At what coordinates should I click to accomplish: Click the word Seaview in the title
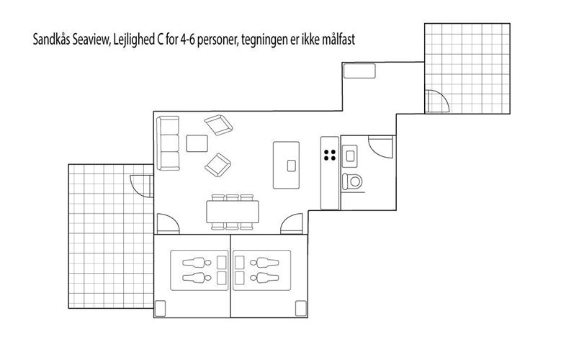pyautogui.click(x=91, y=40)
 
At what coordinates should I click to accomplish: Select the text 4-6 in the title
pyautogui.click(x=187, y=40)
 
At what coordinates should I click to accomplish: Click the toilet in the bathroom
pyautogui.click(x=352, y=181)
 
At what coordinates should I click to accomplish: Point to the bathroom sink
pyautogui.click(x=350, y=156)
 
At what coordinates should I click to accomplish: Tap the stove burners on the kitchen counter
pyautogui.click(x=330, y=155)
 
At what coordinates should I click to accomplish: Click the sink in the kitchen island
pyautogui.click(x=292, y=166)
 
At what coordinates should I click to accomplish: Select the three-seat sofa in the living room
pyautogui.click(x=168, y=143)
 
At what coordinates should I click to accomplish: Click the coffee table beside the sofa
pyautogui.click(x=197, y=143)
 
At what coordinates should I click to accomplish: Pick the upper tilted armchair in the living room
pyautogui.click(x=219, y=125)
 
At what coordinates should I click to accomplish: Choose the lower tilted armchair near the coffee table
pyautogui.click(x=218, y=165)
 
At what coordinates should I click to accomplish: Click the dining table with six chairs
pyautogui.click(x=233, y=212)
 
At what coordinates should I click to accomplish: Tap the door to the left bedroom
pyautogui.click(x=168, y=224)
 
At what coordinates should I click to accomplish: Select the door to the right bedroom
pyautogui.click(x=292, y=224)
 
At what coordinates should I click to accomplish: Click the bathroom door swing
pyautogui.click(x=381, y=147)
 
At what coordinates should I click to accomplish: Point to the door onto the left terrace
pyautogui.click(x=142, y=186)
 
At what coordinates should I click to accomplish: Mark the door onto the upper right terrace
pyautogui.click(x=437, y=101)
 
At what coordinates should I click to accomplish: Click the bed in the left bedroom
pyautogui.click(x=199, y=270)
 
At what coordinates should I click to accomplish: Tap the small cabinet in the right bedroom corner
pyautogui.click(x=301, y=308)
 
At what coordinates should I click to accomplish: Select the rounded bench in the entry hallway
pyautogui.click(x=359, y=71)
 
